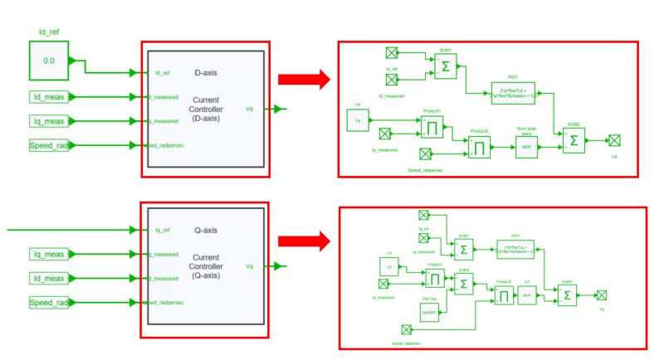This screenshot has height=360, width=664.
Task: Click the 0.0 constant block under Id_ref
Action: pos(48,61)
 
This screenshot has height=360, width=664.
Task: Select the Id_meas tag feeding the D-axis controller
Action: pos(52,97)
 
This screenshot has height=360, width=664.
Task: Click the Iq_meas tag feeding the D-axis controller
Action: pos(52,122)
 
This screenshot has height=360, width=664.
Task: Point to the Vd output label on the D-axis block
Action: pos(251,109)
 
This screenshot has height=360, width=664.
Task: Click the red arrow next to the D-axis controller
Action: pos(304,80)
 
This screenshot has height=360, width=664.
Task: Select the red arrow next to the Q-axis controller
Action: pos(304,241)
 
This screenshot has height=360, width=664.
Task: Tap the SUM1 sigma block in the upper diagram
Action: pos(446,69)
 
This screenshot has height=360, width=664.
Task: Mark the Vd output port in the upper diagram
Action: pos(614,140)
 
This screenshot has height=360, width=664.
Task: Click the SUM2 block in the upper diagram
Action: pos(573,143)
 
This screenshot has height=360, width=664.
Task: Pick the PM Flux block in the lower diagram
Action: pos(429,313)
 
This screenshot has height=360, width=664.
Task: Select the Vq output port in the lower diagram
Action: pos(602,294)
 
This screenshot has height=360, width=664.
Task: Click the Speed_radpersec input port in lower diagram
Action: pos(406,329)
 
